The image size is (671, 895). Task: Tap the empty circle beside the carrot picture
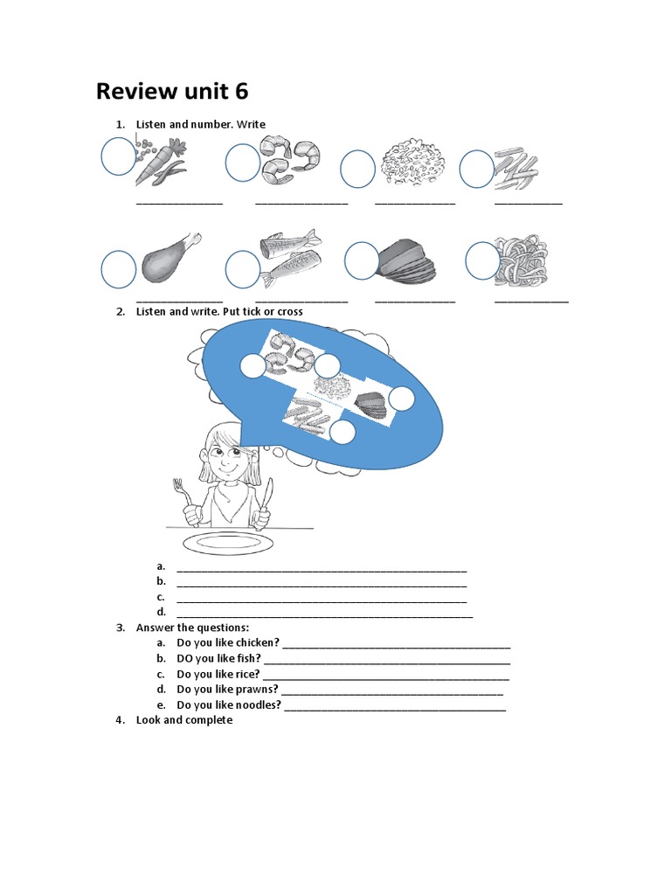[x=118, y=157]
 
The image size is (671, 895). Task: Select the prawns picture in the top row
[x=291, y=160]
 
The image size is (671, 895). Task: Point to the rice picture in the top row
[x=414, y=163]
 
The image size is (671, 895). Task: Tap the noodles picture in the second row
[x=521, y=260]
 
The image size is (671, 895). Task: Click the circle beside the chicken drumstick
[x=118, y=268]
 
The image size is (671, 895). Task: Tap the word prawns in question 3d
[x=252, y=690]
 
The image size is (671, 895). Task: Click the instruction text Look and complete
[x=184, y=720]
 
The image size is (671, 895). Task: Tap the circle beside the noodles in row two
[x=482, y=260]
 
